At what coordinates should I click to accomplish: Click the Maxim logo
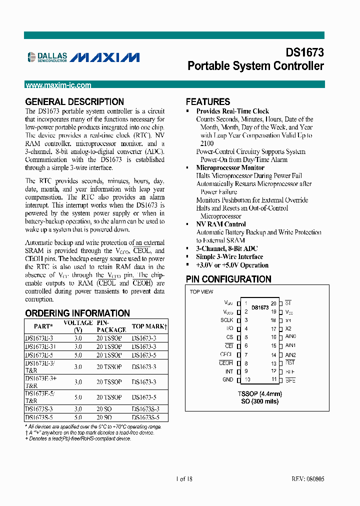[x=104, y=57]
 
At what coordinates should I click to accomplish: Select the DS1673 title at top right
[x=304, y=52]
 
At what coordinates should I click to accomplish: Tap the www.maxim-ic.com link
[x=58, y=85]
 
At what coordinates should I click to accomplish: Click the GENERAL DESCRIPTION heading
[x=74, y=101]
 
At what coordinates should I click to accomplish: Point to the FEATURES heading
[x=208, y=101]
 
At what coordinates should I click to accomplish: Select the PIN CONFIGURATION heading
[x=228, y=279]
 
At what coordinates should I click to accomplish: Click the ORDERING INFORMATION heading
[x=77, y=313]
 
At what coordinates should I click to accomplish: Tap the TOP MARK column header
[x=149, y=326]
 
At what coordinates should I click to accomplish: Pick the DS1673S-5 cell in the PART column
[x=39, y=417]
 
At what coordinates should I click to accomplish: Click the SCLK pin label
[x=226, y=320]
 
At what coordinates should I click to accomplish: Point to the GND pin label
[x=227, y=380]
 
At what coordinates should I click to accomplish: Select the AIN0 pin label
[x=290, y=337]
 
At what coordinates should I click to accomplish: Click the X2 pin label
[x=288, y=328]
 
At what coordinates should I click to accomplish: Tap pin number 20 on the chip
[x=273, y=303]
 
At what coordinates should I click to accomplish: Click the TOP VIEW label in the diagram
[x=201, y=291]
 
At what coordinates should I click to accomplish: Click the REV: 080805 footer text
[x=307, y=478]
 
